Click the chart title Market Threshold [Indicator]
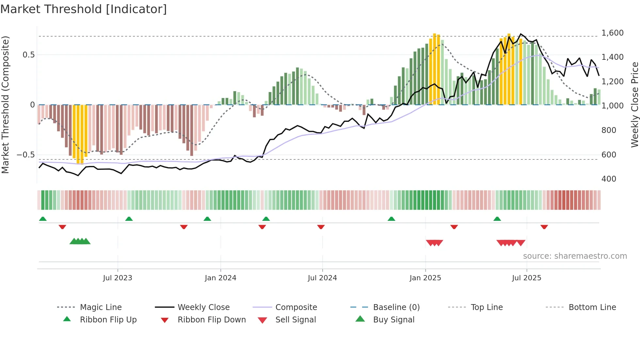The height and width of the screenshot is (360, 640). tap(84, 9)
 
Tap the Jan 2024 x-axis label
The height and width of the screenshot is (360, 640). tap(220, 278)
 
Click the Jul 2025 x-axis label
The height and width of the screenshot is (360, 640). tap(526, 278)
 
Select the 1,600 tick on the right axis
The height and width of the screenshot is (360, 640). tap(612, 33)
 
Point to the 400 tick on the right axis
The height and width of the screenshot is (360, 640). tap(609, 179)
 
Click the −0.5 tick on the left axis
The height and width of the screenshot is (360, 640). tap(25, 155)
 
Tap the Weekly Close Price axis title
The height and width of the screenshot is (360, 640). tap(634, 105)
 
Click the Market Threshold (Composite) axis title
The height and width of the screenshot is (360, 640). tap(5, 105)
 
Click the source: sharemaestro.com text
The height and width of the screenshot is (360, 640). tap(575, 256)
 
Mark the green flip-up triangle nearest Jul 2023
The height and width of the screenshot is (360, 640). tap(129, 219)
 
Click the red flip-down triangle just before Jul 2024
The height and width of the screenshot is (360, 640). tap(321, 227)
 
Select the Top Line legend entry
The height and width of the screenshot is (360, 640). tap(487, 307)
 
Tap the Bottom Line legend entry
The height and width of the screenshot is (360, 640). tap(592, 307)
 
